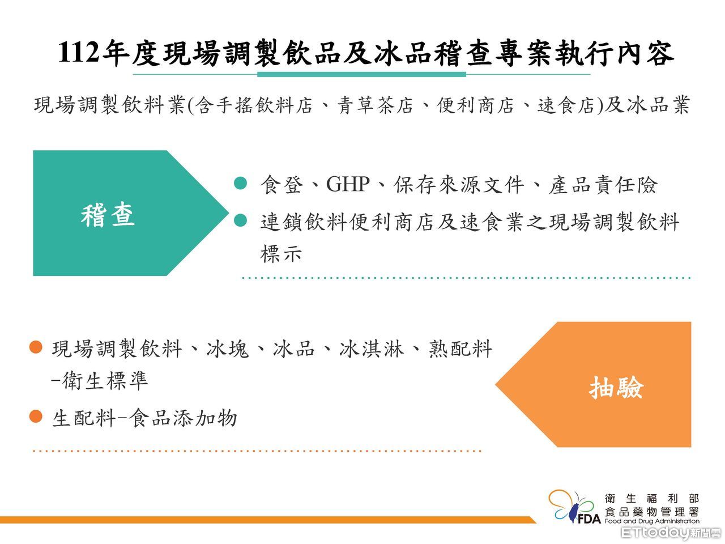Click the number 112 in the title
pyautogui.click(x=78, y=53)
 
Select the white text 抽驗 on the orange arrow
pyautogui.click(x=616, y=388)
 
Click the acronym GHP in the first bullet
pyautogui.click(x=348, y=184)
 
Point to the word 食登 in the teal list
pyautogui.click(x=282, y=184)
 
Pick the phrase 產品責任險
pyautogui.click(x=603, y=184)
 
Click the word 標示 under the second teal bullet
pyautogui.click(x=281, y=254)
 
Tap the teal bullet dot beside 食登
pyautogui.click(x=241, y=183)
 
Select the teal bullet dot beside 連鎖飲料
pyautogui.click(x=241, y=220)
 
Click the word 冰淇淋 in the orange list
pyautogui.click(x=372, y=349)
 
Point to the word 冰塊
pyautogui.click(x=228, y=349)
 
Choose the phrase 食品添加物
pyautogui.click(x=183, y=418)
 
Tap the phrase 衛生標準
pyautogui.click(x=105, y=380)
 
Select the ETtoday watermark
pyautogui.click(x=671, y=533)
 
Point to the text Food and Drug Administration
pyautogui.click(x=652, y=521)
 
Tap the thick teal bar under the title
pyautogui.click(x=362, y=74)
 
